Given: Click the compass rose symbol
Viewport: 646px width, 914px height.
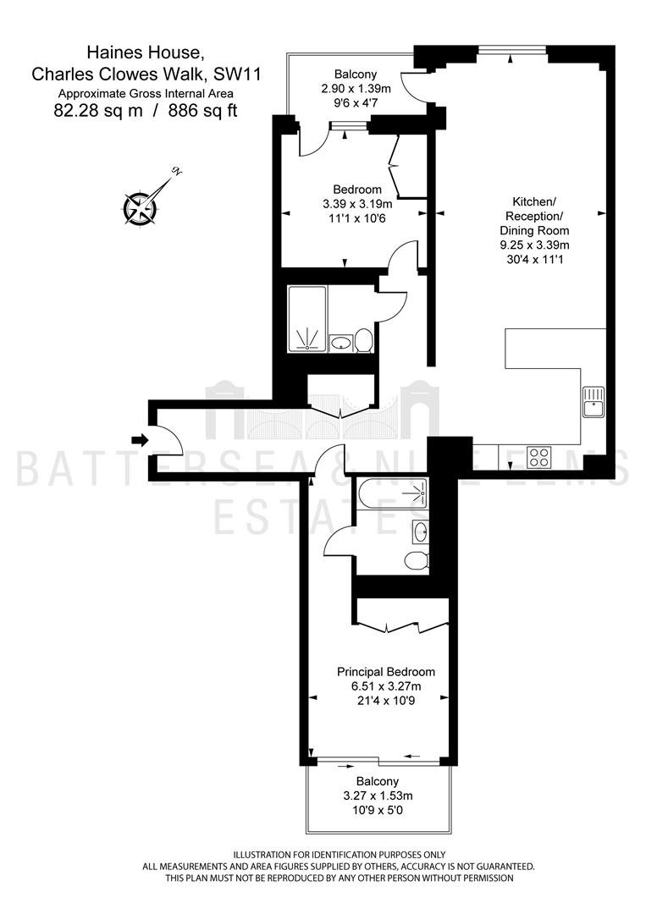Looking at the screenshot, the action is (x=140, y=207).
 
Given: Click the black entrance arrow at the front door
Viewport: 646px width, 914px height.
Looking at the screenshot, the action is (x=140, y=439).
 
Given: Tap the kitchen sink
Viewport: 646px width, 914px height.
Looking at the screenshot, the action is (x=594, y=401).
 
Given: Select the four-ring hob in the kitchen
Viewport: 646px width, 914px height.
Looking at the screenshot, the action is (x=538, y=456).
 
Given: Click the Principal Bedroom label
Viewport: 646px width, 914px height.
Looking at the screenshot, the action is (x=386, y=671).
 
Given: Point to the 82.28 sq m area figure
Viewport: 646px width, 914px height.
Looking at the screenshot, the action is (x=98, y=111).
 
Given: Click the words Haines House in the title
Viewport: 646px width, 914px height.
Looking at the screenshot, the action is (x=146, y=53).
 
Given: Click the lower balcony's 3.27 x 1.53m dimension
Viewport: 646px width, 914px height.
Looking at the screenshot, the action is (x=378, y=796).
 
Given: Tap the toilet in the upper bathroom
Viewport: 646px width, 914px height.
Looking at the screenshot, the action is (x=364, y=340).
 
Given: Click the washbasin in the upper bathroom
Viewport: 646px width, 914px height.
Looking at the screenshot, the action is (x=340, y=343).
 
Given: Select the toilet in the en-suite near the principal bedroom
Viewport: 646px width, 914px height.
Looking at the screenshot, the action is (x=417, y=559).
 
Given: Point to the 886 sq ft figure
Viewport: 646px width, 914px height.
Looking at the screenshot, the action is (x=203, y=111).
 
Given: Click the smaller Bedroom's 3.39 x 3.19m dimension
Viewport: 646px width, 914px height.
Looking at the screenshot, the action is (x=357, y=204).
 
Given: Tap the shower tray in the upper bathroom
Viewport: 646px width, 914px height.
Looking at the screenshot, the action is (x=307, y=319).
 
